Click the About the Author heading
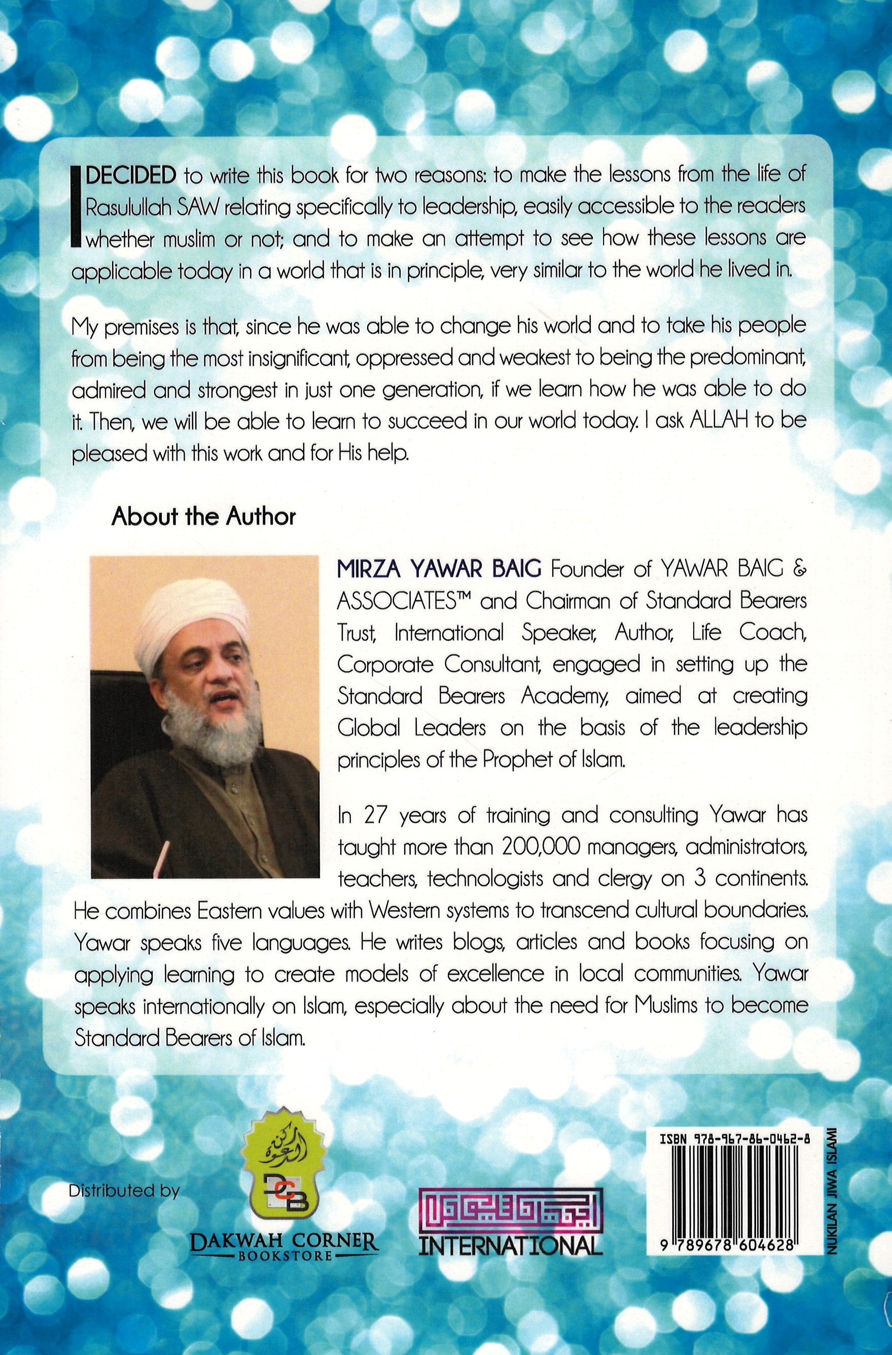click(204, 516)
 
